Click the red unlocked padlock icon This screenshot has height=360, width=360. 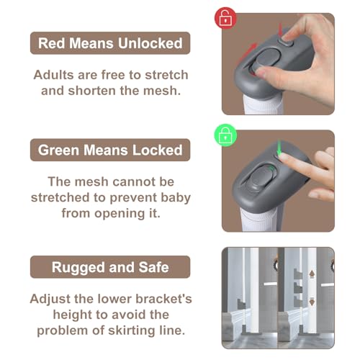pos(225,18)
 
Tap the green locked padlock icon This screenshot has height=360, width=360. pos(225,135)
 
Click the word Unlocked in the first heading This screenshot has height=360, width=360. pos(150,43)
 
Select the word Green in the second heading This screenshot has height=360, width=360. pos(58,150)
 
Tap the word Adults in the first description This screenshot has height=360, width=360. pos(53,75)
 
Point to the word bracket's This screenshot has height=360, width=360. pos(163,299)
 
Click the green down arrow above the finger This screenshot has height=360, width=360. pos(279,148)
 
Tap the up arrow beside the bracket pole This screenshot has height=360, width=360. pos(312,274)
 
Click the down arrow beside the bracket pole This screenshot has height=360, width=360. pos(312,302)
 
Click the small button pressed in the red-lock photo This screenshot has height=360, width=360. pos(286,42)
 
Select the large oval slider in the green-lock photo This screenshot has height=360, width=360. pos(261,177)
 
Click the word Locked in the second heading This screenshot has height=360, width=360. pos(158,150)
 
